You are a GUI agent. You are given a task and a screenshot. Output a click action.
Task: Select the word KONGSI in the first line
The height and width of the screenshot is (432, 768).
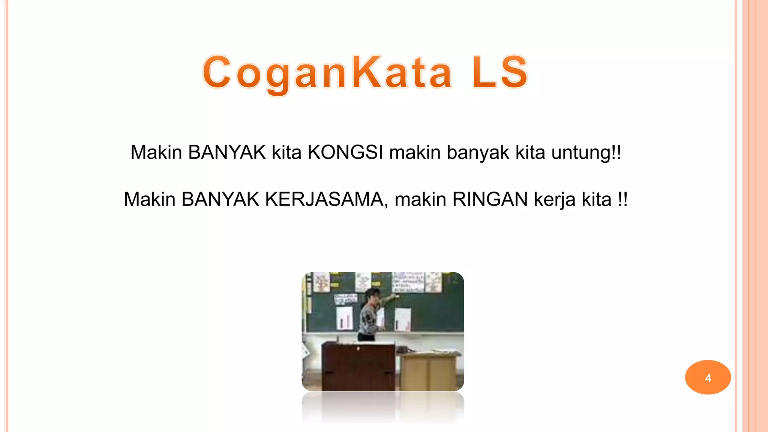coord(345,153)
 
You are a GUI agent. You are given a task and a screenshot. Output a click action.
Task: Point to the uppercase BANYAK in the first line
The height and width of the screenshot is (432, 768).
coord(227,153)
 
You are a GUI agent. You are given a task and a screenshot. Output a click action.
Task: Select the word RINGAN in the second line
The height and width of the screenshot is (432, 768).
coord(490,199)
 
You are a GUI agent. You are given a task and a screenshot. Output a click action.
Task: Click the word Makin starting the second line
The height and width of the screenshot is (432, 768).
coord(150,199)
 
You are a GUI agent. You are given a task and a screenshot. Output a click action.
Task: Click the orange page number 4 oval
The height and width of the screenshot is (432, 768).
coord(708,377)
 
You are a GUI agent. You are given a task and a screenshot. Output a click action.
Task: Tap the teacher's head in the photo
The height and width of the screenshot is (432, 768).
coord(372,295)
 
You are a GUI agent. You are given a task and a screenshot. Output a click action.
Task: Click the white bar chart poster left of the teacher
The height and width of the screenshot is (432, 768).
coord(344,318)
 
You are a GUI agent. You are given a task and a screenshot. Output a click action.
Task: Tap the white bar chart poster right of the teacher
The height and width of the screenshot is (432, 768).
coord(402,319)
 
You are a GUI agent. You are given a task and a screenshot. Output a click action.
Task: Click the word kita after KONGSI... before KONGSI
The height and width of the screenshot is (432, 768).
coord(286,153)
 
